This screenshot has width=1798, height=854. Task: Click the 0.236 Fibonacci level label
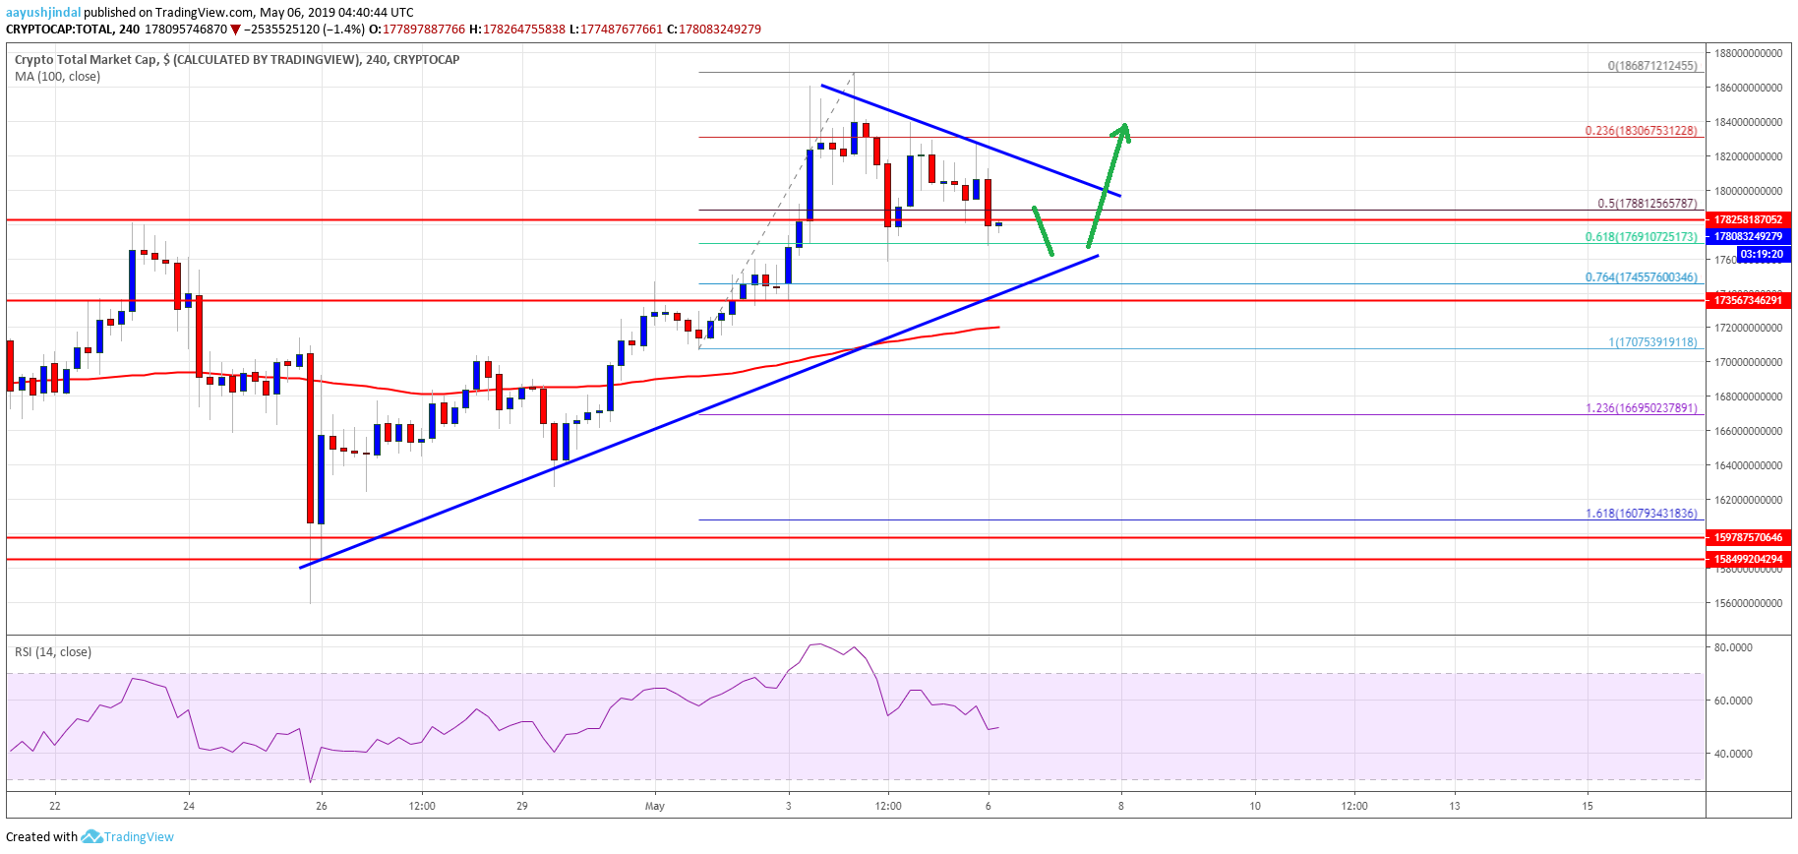[x=1641, y=130]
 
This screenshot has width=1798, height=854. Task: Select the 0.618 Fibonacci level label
[x=1641, y=236]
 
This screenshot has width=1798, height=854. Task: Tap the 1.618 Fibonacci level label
[x=1641, y=513]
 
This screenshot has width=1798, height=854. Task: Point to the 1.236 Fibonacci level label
[x=1641, y=407]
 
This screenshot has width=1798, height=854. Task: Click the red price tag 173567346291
[x=1747, y=300]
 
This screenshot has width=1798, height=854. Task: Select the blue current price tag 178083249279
[x=1747, y=236]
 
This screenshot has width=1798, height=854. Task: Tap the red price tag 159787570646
[x=1747, y=537]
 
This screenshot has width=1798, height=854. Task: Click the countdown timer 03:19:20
[x=1761, y=254]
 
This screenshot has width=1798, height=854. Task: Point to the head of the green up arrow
[x=1122, y=129]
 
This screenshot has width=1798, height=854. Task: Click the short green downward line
[x=1043, y=231]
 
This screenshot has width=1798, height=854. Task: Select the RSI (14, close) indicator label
[x=53, y=651]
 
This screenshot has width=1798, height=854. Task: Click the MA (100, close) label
[x=57, y=76]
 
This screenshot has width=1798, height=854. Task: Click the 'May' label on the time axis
[x=654, y=806]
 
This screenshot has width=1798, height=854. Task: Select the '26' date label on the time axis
[x=321, y=806]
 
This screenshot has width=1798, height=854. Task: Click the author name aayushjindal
[x=43, y=12]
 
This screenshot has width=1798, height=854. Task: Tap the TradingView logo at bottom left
[x=128, y=836]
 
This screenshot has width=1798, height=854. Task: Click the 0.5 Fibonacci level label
[x=1647, y=204]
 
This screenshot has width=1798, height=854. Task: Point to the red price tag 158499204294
[x=1747, y=559]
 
